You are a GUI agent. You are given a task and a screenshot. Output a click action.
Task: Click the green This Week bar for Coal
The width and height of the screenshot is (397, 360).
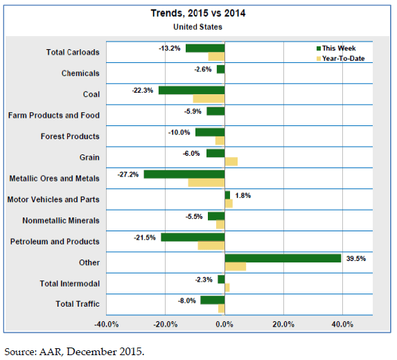pyautogui.click(x=192, y=90)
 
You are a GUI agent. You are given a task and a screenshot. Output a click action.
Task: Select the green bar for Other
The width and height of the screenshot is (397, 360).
pyautogui.click(x=283, y=258)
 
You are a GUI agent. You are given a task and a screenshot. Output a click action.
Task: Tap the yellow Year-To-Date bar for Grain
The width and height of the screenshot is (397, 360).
pyautogui.click(x=231, y=161)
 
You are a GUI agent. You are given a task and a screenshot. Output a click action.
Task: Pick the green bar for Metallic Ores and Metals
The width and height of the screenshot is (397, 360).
pyautogui.click(x=184, y=174)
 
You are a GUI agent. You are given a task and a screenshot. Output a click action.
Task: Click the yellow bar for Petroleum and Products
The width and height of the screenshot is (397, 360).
pyautogui.click(x=211, y=246)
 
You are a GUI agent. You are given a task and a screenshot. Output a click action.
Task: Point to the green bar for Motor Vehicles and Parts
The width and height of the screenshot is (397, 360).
pyautogui.click(x=227, y=195)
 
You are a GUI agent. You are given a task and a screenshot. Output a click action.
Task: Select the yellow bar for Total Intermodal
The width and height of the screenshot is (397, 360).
pyautogui.click(x=227, y=287)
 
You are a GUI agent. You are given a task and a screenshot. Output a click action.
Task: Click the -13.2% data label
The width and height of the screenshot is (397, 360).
pyautogui.click(x=169, y=48)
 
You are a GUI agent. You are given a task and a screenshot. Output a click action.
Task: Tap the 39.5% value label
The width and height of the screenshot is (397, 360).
pyautogui.click(x=356, y=258)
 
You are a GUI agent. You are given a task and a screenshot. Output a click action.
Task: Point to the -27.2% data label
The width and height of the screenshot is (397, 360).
pyautogui.click(x=128, y=174)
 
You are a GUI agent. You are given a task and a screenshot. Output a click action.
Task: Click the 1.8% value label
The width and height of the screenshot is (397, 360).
pyautogui.click(x=242, y=195)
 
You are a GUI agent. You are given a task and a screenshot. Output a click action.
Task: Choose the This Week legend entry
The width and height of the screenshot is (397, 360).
pyautogui.click(x=336, y=48)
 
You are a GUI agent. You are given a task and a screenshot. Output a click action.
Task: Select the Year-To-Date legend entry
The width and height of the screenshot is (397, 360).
pyautogui.click(x=341, y=59)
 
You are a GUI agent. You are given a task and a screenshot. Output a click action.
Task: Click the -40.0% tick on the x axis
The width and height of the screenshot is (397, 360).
pyautogui.click(x=106, y=324)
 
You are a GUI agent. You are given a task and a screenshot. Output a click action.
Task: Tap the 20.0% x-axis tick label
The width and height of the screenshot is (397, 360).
pyautogui.click(x=283, y=324)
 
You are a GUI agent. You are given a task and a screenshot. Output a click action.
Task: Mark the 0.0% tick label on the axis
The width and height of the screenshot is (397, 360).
pyautogui.click(x=224, y=324)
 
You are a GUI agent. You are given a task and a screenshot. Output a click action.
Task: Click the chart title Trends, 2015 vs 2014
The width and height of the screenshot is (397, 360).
pyautogui.click(x=198, y=13)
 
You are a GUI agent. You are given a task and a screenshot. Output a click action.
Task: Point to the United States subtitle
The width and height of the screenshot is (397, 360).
pyautogui.click(x=197, y=27)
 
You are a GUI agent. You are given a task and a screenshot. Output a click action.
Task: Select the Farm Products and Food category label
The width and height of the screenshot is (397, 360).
pyautogui.click(x=53, y=116)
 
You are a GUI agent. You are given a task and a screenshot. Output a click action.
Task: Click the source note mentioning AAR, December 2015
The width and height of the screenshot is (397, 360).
pyautogui.click(x=74, y=352)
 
